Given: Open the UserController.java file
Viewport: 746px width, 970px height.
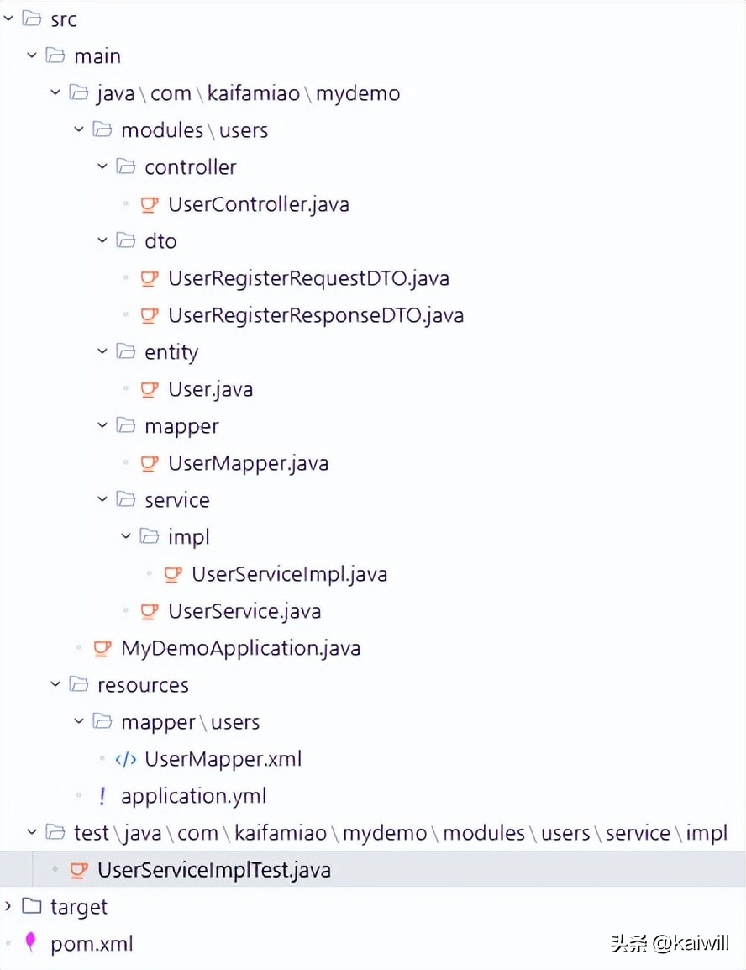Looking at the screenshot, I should tap(258, 204).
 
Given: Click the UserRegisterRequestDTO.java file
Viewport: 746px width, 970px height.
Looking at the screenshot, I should tap(308, 278).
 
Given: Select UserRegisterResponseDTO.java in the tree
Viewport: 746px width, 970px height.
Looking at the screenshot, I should tap(315, 315).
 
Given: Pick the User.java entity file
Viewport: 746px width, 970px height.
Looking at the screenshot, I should tap(210, 389).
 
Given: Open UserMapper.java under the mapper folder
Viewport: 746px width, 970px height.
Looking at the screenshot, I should tap(248, 463).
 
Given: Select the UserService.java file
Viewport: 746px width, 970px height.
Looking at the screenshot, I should tap(244, 611).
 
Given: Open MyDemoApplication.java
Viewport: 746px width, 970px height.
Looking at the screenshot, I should tap(240, 648).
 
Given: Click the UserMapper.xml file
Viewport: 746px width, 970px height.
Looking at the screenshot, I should tap(223, 759).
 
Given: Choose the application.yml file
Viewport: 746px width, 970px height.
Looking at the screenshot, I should tap(193, 796).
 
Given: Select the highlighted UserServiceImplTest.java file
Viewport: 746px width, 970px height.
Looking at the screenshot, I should tap(213, 870).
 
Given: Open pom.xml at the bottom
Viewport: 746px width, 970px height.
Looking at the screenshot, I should tap(92, 944).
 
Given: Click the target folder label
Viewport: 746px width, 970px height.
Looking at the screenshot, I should tap(79, 907).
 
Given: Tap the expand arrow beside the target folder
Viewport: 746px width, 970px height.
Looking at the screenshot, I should tap(8, 906).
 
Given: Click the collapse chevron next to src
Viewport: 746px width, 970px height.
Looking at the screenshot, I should tap(8, 18).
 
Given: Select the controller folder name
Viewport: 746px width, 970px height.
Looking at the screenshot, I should tap(190, 167).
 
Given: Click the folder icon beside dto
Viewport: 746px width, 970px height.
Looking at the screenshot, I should tap(125, 241).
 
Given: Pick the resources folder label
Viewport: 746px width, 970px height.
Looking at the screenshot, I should tap(143, 685).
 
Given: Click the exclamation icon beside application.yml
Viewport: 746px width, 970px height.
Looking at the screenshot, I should tap(102, 796).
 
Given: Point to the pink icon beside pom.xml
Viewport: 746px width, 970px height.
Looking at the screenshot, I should tap(31, 943).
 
